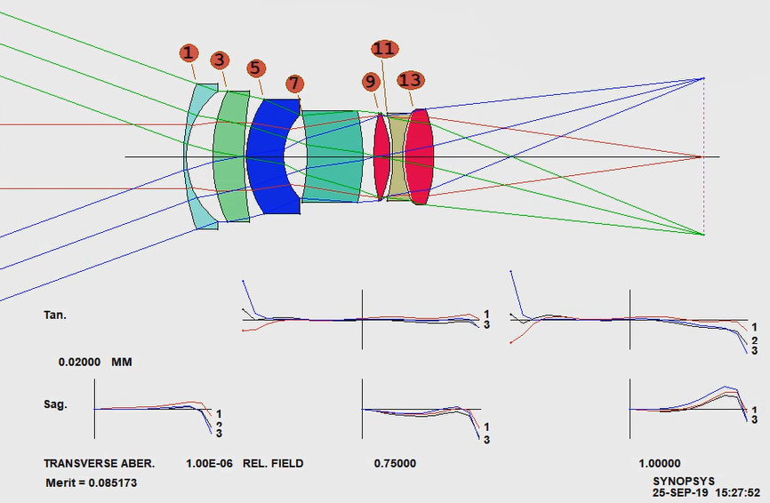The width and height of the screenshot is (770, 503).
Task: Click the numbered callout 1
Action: coord(189,53)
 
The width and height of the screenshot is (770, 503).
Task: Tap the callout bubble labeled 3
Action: coord(220,60)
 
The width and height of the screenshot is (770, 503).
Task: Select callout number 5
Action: coord(255,68)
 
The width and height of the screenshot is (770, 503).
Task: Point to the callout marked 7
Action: coord(293,84)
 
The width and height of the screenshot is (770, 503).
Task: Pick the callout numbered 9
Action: coord(371,82)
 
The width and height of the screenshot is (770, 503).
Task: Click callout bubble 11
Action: coord(384,49)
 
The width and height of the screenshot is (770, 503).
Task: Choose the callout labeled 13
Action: coord(411,81)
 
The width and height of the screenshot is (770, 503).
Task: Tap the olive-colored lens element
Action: coord(397,157)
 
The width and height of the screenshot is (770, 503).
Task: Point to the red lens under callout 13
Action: coord(419,157)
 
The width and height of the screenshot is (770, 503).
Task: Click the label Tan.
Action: coord(54,315)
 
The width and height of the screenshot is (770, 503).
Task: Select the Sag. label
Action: coord(55,405)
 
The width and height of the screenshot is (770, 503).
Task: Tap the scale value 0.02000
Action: coord(79,363)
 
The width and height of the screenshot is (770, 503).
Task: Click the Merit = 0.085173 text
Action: coord(92,483)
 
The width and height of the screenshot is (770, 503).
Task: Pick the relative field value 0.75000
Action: coord(395,464)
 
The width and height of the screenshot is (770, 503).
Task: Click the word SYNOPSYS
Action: coord(684,482)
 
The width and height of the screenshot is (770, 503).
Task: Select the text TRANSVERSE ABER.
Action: coord(100,464)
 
